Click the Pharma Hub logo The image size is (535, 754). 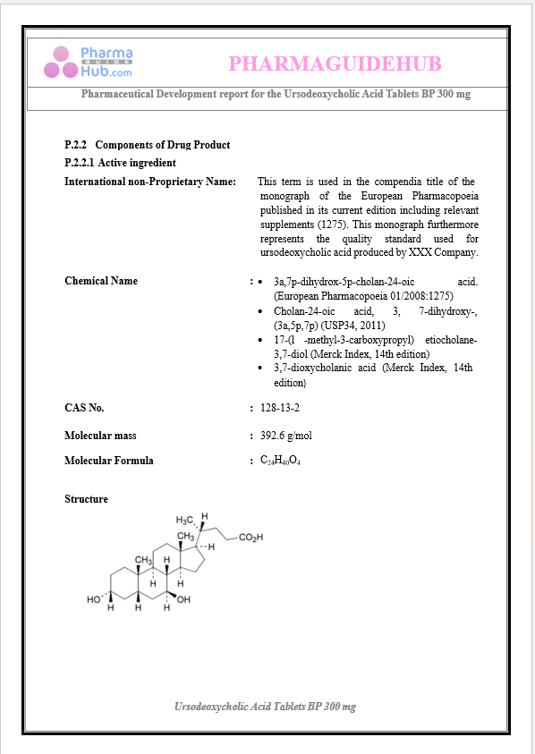[x=89, y=62]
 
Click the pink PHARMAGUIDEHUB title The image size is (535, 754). [x=335, y=64]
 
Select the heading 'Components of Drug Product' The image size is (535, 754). [x=162, y=145]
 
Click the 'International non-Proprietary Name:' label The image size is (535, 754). [x=150, y=182]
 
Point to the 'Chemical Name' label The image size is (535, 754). [x=101, y=281]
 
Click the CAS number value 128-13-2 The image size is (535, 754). [x=279, y=408]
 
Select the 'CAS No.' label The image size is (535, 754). [x=84, y=408]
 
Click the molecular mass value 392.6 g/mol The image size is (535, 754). [x=285, y=436]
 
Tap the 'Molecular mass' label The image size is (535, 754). [x=100, y=436]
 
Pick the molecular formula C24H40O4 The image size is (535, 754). [x=280, y=461]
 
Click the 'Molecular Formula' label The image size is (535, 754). [x=108, y=461]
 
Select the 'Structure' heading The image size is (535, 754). [x=86, y=499]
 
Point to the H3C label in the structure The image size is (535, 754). [x=185, y=520]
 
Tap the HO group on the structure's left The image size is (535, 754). [x=94, y=599]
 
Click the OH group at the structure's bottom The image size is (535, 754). [x=183, y=599]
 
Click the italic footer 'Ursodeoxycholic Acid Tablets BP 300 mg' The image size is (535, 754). [x=265, y=707]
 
